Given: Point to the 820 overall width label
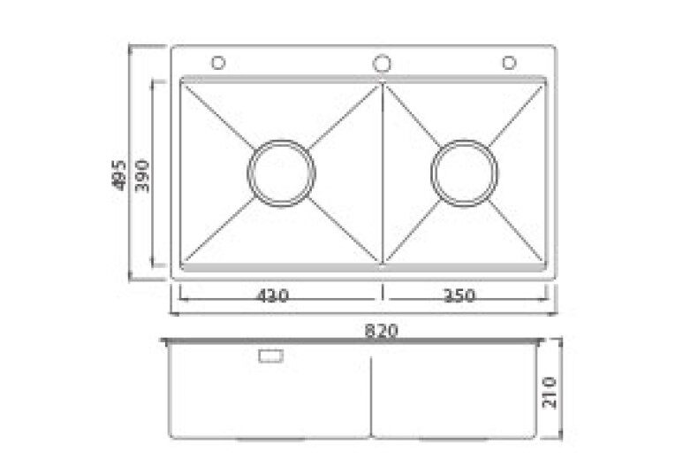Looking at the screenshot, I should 382,330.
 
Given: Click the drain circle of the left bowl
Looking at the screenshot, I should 282,172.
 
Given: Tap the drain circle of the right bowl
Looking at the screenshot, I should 465,172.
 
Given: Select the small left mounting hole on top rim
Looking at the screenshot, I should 218,63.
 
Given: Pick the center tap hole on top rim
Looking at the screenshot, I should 382,63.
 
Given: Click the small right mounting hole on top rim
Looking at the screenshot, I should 509,63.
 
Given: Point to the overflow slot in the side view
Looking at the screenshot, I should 269,356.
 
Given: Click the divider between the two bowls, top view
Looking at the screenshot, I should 382,172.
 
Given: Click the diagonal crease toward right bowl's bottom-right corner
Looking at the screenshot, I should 518,234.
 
